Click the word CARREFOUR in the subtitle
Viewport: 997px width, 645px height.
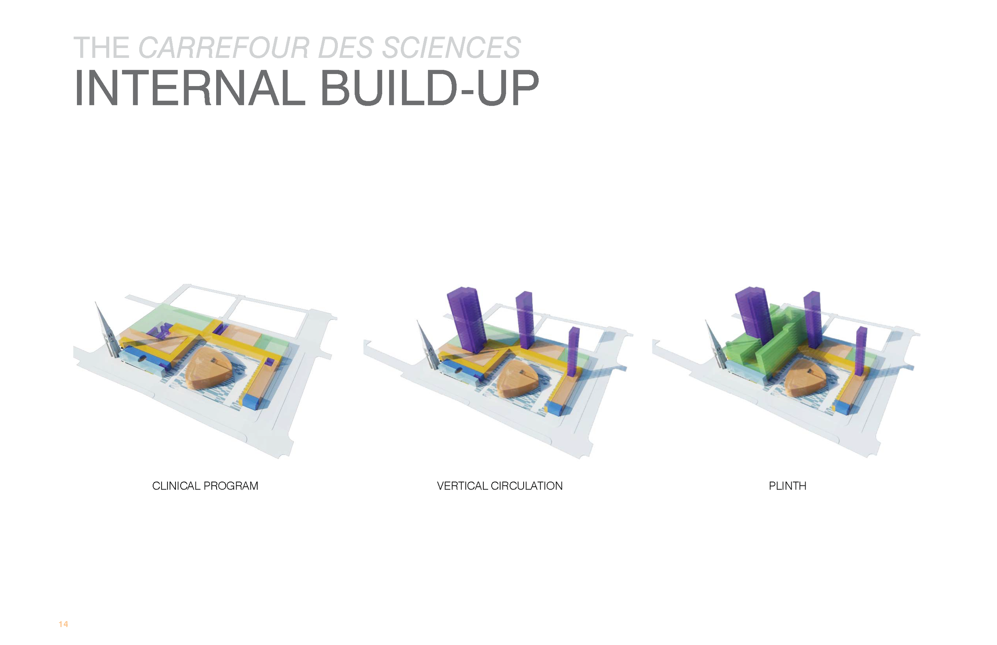(x=224, y=48)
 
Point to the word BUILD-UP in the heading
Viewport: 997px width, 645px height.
(x=430, y=88)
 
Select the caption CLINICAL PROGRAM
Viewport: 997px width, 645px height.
(x=205, y=486)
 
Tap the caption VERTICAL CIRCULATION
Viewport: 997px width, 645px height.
(x=499, y=486)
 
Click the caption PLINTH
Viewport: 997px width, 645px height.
(x=787, y=486)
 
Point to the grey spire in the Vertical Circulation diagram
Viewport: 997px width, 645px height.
(x=426, y=348)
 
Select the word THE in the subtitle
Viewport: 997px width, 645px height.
(x=101, y=48)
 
